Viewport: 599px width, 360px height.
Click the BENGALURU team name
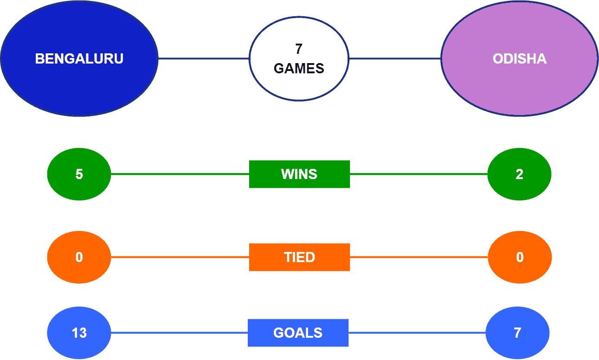pyautogui.click(x=79, y=58)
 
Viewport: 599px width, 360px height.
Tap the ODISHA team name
pyautogui.click(x=520, y=58)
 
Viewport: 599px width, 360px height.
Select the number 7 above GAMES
pyautogui.click(x=299, y=49)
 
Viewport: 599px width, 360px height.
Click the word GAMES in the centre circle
pyautogui.click(x=299, y=68)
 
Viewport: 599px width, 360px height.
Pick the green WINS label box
pyautogui.click(x=300, y=174)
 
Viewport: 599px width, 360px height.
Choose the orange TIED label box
pyautogui.click(x=300, y=257)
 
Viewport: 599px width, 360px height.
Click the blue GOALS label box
pyautogui.click(x=298, y=333)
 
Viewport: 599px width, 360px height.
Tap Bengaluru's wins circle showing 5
pyautogui.click(x=79, y=174)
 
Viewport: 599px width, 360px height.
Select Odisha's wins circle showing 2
pyautogui.click(x=519, y=174)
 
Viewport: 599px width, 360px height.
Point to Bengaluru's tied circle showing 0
pyautogui.click(x=79, y=257)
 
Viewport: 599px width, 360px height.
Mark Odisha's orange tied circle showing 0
pyautogui.click(x=520, y=257)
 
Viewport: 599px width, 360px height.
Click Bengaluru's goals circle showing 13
pyautogui.click(x=79, y=333)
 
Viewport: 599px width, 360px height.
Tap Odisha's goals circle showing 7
pyautogui.click(x=517, y=333)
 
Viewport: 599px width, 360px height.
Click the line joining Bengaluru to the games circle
pyautogui.click(x=204, y=58)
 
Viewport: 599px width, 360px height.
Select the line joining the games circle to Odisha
pyautogui.click(x=395, y=58)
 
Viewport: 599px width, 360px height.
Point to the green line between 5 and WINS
pyautogui.click(x=180, y=174)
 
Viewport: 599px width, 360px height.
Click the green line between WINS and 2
pyautogui.click(x=419, y=174)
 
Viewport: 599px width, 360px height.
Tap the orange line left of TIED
pyautogui.click(x=180, y=257)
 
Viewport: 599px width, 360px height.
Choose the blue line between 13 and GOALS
pyautogui.click(x=180, y=333)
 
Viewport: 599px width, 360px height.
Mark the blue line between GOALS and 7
pyautogui.click(x=417, y=333)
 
